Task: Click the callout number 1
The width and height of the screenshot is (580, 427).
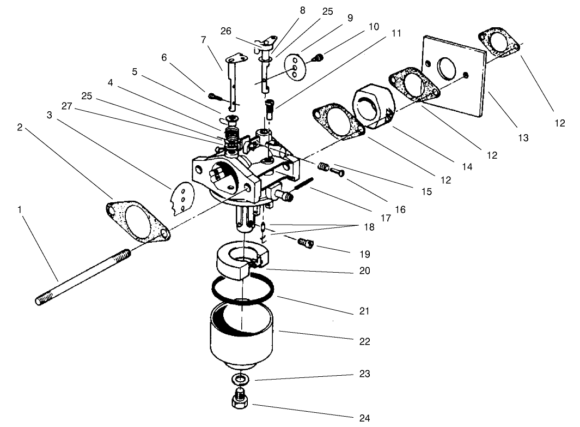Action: pos(21,209)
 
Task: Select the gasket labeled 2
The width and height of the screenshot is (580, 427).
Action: pos(137,221)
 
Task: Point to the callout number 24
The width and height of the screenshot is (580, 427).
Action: pos(364,418)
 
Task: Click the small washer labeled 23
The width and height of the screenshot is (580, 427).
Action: pos(240,378)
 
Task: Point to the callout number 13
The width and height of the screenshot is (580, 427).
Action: pos(523,138)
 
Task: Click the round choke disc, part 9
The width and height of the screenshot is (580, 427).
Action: pos(296,66)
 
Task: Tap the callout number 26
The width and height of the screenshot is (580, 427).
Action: pos(226,31)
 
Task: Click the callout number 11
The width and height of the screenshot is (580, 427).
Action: pos(396,33)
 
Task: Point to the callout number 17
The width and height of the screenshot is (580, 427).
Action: pos(386,218)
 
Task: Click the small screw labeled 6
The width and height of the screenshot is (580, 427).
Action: pos(214,97)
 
